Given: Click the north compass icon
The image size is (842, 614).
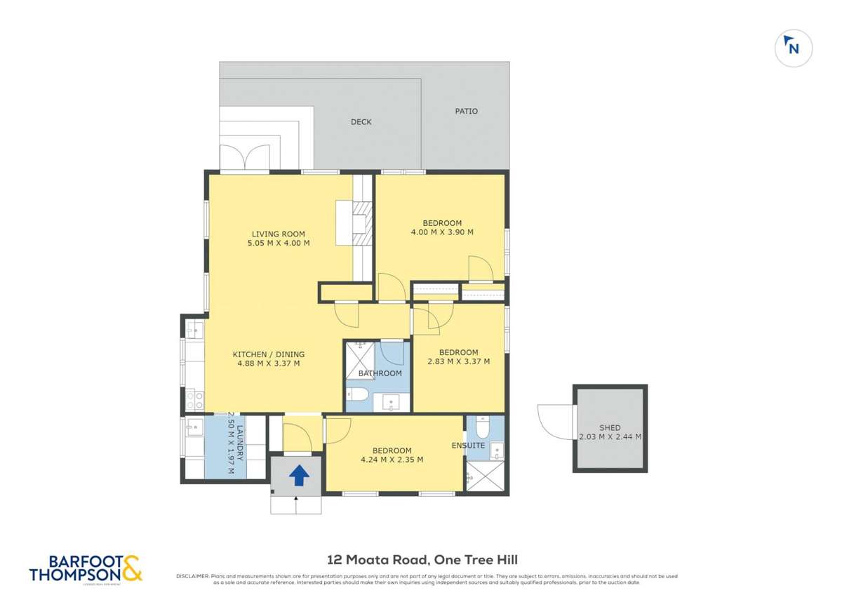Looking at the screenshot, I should pyautogui.click(x=793, y=48).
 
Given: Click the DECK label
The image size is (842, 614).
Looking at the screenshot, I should pyautogui.click(x=361, y=122).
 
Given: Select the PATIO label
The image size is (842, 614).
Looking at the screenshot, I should pyautogui.click(x=466, y=111).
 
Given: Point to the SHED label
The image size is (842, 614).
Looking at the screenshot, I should pyautogui.click(x=610, y=427).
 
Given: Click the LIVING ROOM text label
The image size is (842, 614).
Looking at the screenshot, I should pyautogui.click(x=279, y=234).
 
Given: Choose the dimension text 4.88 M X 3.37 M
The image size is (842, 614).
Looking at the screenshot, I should pyautogui.click(x=269, y=363).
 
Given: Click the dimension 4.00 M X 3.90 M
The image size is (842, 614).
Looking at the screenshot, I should pyautogui.click(x=441, y=232).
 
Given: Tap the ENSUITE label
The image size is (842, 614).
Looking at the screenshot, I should pyautogui.click(x=468, y=445).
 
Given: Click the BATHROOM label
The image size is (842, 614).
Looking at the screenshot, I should pyautogui.click(x=380, y=373).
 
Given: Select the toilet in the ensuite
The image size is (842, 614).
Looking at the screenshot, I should pyautogui.click(x=482, y=427).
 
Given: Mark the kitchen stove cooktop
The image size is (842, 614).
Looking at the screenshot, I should pyautogui.click(x=194, y=399).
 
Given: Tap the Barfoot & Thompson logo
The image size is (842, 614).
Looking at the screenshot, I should pyautogui.click(x=86, y=568).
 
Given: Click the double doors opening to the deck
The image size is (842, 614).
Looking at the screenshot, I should pyautogui.click(x=243, y=158).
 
